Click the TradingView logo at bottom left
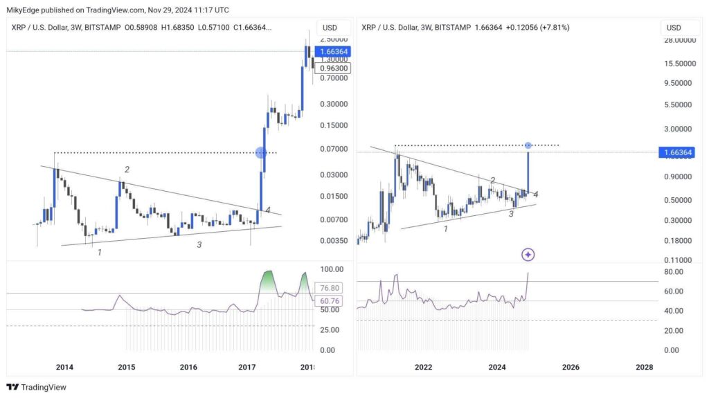click(36, 388)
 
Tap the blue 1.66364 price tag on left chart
click(332, 52)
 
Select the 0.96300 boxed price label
click(332, 68)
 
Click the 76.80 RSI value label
click(328, 288)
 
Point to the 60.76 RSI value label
click(328, 301)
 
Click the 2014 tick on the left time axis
click(64, 368)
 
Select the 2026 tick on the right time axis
click(570, 368)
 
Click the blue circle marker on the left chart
click(261, 152)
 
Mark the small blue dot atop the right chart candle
click(528, 145)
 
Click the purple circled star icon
click(528, 255)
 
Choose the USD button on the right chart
click(674, 28)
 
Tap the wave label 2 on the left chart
click(127, 170)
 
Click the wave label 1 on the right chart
click(446, 228)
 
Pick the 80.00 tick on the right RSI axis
click(670, 272)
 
